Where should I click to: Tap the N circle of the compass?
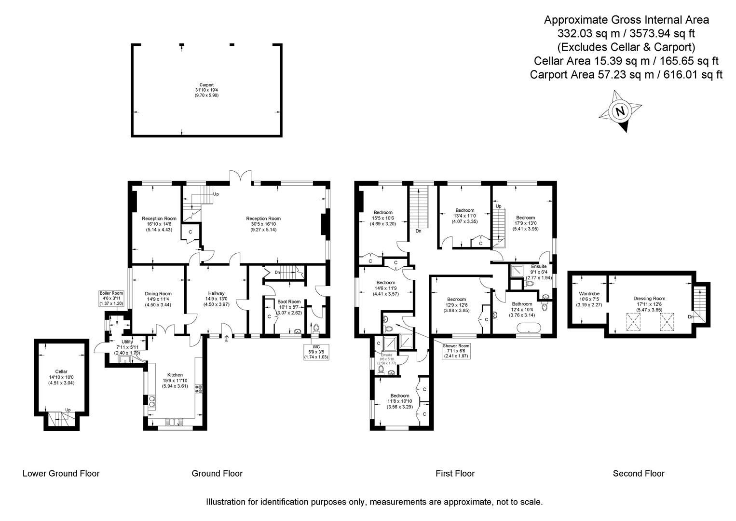coord(620,111)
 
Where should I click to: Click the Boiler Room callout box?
coord(111,299)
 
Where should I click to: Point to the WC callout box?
coord(316,352)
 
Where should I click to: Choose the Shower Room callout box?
coord(456,351)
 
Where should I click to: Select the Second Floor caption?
coord(639,473)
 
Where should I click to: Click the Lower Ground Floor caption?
coord(61,473)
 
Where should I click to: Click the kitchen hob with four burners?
coord(199,389)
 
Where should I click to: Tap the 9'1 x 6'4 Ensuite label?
coord(539,272)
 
